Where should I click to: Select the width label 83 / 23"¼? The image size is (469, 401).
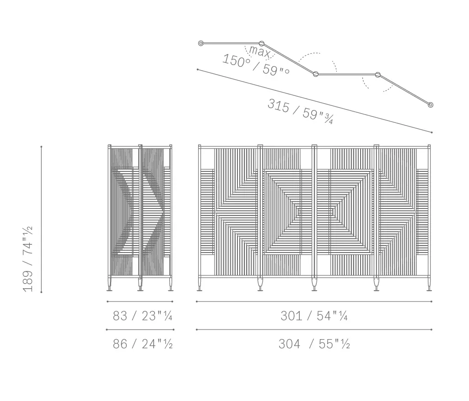click(142, 316)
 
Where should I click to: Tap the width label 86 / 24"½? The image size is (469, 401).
click(142, 344)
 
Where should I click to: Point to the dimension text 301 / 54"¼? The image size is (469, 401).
click(314, 316)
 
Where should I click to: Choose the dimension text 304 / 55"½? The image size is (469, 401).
click(314, 344)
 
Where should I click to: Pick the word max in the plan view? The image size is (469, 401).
click(259, 51)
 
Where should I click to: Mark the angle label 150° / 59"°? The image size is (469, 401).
click(256, 65)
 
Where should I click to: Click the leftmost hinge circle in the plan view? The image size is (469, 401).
click(201, 43)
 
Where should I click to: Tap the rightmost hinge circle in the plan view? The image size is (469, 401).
click(430, 105)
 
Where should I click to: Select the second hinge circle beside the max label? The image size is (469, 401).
click(262, 44)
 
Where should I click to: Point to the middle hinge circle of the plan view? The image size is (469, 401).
click(316, 74)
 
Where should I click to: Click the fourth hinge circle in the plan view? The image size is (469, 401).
click(378, 74)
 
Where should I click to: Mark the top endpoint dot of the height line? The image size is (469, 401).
click(41, 147)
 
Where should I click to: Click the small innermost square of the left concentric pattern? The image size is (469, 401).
click(298, 211)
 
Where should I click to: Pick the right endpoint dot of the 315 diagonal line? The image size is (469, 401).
click(431, 132)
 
